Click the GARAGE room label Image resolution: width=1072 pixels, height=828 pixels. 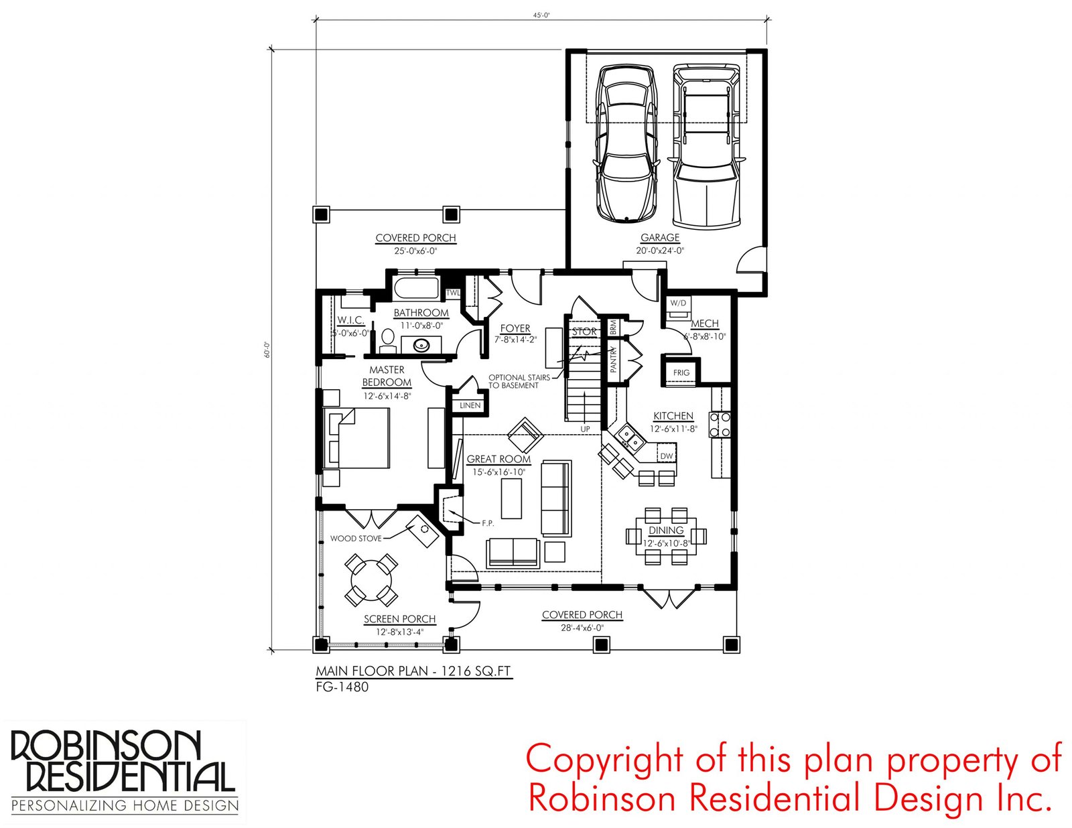[659, 238]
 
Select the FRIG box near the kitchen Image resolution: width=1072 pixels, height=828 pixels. [681, 372]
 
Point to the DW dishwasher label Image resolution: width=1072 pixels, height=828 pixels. [667, 456]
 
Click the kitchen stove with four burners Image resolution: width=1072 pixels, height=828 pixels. [720, 425]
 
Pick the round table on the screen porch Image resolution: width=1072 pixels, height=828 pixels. [371, 580]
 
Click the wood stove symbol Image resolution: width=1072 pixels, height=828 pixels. [422, 531]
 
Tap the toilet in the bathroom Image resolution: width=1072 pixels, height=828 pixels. [388, 340]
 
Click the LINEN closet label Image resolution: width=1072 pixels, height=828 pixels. [470, 405]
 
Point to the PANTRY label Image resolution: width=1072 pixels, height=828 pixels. [613, 360]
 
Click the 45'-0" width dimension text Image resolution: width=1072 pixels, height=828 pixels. [541, 15]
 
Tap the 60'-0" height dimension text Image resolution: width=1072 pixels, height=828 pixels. [267, 350]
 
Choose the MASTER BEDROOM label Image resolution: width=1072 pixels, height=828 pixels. [387, 376]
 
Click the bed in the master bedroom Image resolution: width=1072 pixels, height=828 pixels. [356, 438]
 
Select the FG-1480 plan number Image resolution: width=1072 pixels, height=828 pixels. [342, 687]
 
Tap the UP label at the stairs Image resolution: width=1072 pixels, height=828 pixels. [585, 429]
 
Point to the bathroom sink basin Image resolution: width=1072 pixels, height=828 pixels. [421, 345]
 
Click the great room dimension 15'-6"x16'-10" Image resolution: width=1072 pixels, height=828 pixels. [498, 472]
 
